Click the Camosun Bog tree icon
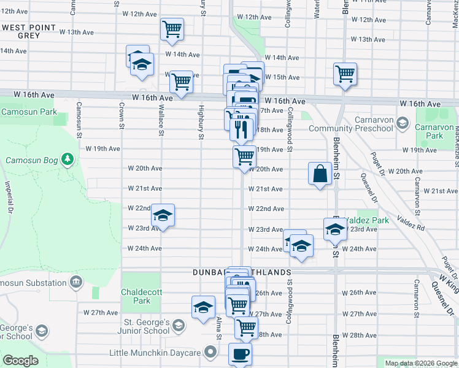67,161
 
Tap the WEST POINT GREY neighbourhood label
29,32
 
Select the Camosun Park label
28,112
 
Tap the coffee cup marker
240,354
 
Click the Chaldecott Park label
136,296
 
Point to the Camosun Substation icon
75,283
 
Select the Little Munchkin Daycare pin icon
210,353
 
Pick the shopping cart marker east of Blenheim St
345,74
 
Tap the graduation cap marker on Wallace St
163,216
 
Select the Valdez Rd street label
411,222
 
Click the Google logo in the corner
20,361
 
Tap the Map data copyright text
420,363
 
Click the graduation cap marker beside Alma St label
204,308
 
